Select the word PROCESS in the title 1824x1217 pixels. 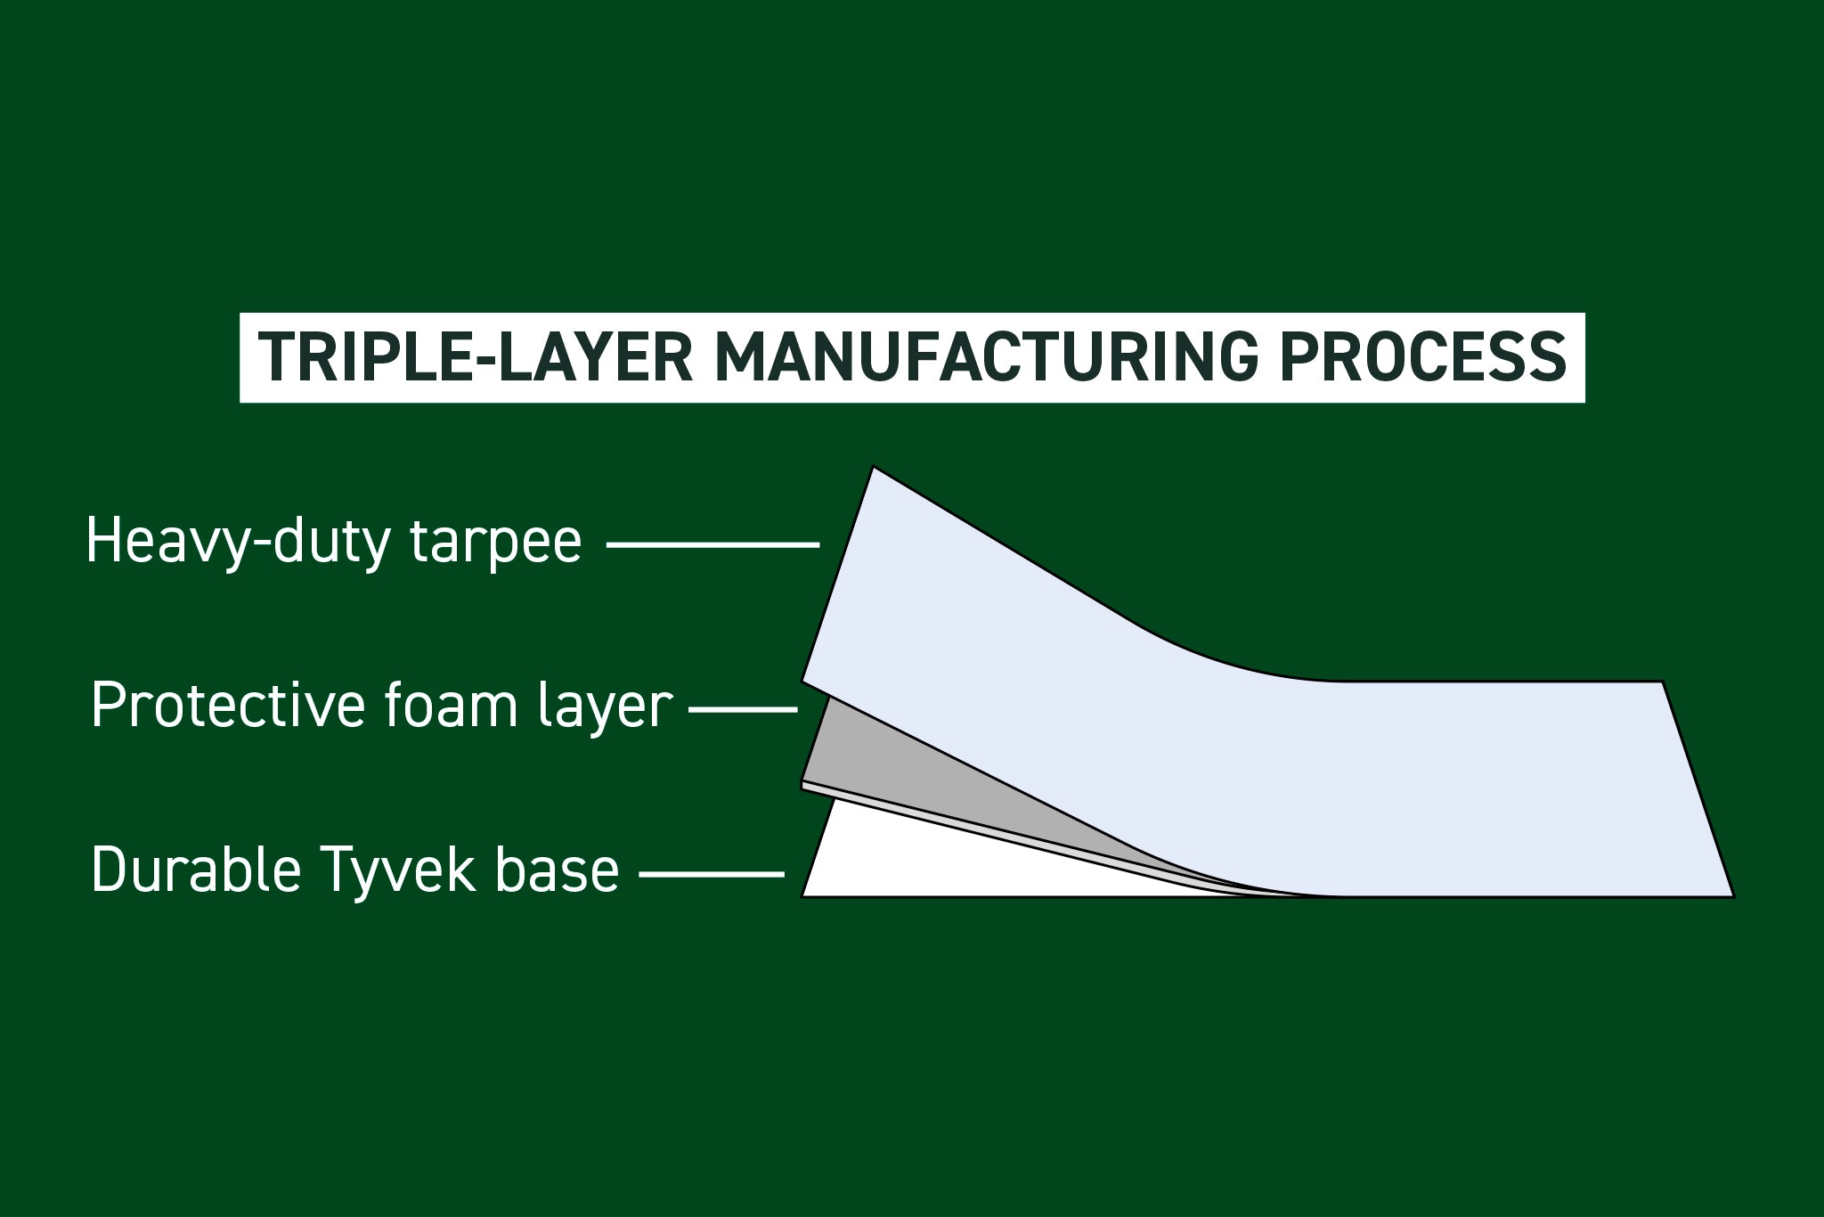[x=1422, y=357]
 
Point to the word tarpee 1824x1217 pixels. [x=495, y=541]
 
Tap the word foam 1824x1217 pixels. [x=453, y=706]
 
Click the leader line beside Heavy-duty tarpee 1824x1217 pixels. [x=712, y=543]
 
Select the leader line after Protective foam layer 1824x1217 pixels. [x=744, y=710]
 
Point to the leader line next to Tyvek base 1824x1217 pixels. [x=712, y=874]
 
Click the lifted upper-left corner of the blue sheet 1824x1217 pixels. [x=875, y=469]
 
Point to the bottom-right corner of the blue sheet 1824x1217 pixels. [x=1731, y=894]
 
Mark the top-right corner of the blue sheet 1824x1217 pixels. [x=1662, y=683]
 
